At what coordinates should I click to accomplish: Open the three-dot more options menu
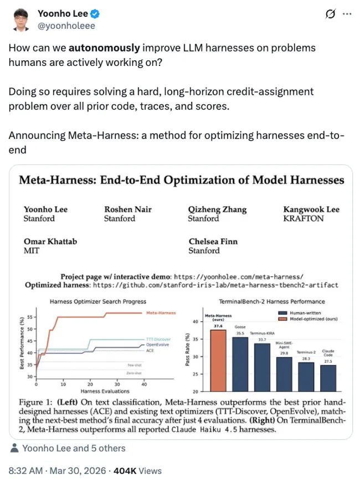(347, 13)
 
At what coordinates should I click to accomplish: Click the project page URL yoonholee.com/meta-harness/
(239, 276)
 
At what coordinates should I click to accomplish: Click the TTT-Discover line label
(158, 338)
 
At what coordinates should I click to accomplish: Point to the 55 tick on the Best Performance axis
(29, 317)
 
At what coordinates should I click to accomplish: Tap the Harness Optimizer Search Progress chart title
(97, 302)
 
